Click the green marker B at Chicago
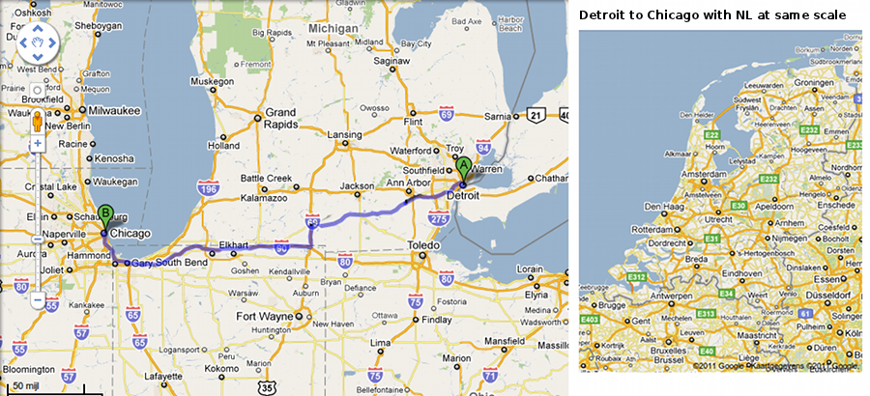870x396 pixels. coord(106,216)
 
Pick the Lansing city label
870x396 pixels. coord(344,134)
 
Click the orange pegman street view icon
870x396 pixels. coord(38,123)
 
